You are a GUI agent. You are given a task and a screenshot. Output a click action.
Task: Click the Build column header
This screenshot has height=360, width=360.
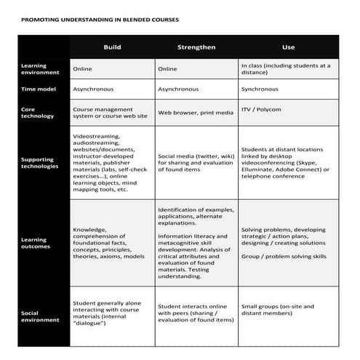click(112, 47)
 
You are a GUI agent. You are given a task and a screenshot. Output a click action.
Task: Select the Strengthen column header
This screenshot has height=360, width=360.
click(196, 47)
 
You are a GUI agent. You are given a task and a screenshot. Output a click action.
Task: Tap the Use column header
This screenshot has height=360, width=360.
click(288, 47)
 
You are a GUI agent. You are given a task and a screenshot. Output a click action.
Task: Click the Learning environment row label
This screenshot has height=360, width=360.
click(34, 69)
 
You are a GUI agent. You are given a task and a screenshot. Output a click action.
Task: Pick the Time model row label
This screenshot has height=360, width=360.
click(33, 89)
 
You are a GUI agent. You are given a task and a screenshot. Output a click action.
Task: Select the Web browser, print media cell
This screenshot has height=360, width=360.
click(196, 113)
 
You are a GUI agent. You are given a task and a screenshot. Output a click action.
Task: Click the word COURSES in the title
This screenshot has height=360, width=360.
click(162, 20)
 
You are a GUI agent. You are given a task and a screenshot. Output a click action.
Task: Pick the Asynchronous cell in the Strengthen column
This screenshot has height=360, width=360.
click(178, 89)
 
